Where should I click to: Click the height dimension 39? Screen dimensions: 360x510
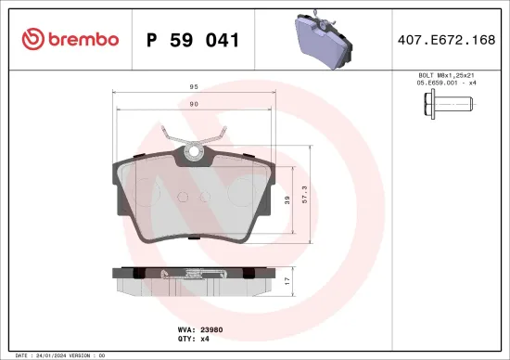(287, 199)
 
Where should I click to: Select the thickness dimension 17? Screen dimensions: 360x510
(287, 279)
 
